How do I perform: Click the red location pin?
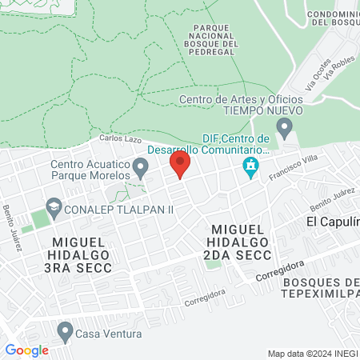click(179, 165)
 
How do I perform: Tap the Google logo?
click(27, 350)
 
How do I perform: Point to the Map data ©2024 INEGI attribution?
click(312, 353)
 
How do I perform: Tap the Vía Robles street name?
click(339, 74)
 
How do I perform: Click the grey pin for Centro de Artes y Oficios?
click(284, 126)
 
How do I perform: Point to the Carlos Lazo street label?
click(115, 139)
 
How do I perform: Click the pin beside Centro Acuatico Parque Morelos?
click(141, 168)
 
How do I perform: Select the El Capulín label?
click(333, 221)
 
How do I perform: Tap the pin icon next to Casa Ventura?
click(65, 331)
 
